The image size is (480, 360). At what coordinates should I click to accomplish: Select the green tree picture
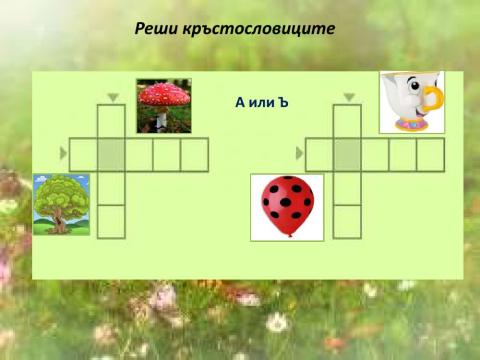click(61, 203)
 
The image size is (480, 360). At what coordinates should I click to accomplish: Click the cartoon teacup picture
click(412, 102)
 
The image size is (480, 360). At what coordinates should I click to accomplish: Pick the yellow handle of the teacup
click(433, 99)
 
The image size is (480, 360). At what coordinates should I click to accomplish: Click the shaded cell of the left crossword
click(111, 154)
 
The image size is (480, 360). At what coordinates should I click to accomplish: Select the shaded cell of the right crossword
click(347, 154)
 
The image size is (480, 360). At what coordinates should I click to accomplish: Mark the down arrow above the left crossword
click(112, 97)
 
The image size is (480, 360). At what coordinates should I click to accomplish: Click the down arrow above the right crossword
click(348, 97)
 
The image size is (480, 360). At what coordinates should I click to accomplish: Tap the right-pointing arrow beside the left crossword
click(64, 153)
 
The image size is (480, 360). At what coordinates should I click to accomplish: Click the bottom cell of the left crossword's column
click(111, 221)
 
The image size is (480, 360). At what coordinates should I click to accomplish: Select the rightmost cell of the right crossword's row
click(430, 154)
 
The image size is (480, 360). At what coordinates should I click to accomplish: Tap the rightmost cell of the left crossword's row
click(194, 154)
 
